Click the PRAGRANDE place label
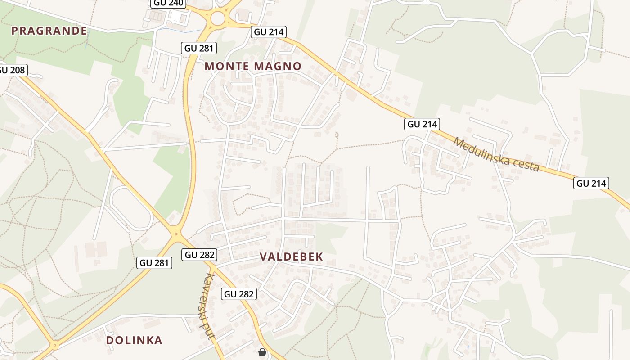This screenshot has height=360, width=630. click(x=49, y=31)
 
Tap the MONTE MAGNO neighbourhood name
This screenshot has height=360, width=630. click(x=253, y=66)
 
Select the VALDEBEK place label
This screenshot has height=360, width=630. click(x=291, y=257)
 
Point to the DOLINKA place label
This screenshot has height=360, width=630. click(x=134, y=340)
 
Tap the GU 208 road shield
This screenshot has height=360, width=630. click(x=13, y=70)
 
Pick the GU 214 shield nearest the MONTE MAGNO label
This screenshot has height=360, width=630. click(x=268, y=32)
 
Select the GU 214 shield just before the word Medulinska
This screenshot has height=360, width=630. click(x=422, y=124)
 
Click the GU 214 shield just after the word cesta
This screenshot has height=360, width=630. click(x=591, y=183)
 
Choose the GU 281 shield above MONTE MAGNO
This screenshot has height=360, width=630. click(x=199, y=48)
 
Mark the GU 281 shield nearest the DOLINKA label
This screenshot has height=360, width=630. click(x=154, y=263)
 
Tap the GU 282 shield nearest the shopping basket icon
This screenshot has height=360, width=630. click(x=239, y=294)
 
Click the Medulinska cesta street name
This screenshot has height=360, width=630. click(x=496, y=154)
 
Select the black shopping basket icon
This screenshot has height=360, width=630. click(x=262, y=352)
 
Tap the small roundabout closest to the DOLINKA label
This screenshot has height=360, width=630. click(x=55, y=346)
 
